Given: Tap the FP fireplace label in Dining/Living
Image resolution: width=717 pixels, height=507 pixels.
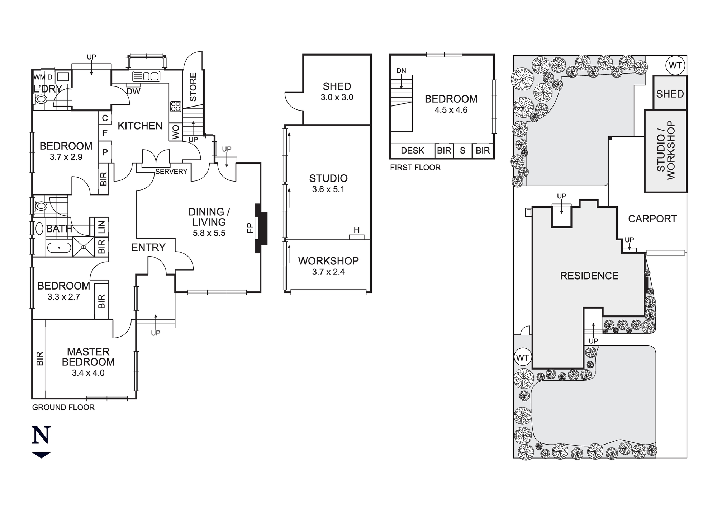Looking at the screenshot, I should pyautogui.click(x=250, y=228).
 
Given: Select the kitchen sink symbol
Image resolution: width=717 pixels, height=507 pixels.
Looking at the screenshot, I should pyautogui.click(x=146, y=76).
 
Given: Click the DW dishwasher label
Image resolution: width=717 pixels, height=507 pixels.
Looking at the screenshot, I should pyautogui.click(x=133, y=91).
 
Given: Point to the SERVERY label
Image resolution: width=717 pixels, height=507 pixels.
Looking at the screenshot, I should pyautogui.click(x=171, y=172).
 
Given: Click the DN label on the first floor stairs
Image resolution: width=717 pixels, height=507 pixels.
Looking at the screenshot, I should pyautogui.click(x=401, y=71).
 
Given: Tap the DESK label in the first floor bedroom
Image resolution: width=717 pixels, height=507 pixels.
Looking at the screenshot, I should pyautogui.click(x=412, y=151).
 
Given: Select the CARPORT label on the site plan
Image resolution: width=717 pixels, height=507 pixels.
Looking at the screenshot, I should pyautogui.click(x=652, y=219).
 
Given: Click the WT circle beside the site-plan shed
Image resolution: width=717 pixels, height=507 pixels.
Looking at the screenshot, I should pyautogui.click(x=675, y=66).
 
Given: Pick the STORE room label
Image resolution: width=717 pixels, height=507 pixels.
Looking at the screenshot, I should pyautogui.click(x=193, y=87).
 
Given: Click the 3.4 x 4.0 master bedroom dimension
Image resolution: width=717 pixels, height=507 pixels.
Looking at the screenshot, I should pyautogui.click(x=88, y=373).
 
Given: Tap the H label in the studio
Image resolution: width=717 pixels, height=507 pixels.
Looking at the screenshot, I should pyautogui.click(x=356, y=230).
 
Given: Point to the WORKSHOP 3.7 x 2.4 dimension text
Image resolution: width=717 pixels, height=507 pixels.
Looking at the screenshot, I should pyautogui.click(x=328, y=272).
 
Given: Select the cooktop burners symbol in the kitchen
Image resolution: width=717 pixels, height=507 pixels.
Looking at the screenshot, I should pyautogui.click(x=175, y=106).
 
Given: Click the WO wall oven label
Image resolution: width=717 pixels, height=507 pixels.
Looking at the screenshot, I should pyautogui.click(x=176, y=132).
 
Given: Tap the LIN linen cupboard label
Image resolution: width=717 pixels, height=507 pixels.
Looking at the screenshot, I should pyautogui.click(x=101, y=227).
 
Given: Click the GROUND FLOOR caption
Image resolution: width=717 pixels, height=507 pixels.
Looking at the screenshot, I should pyautogui.click(x=63, y=408).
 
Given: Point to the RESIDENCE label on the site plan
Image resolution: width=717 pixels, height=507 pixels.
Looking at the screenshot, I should pyautogui.click(x=589, y=276).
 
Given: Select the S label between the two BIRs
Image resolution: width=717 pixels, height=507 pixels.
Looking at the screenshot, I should pyautogui.click(x=462, y=151).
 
